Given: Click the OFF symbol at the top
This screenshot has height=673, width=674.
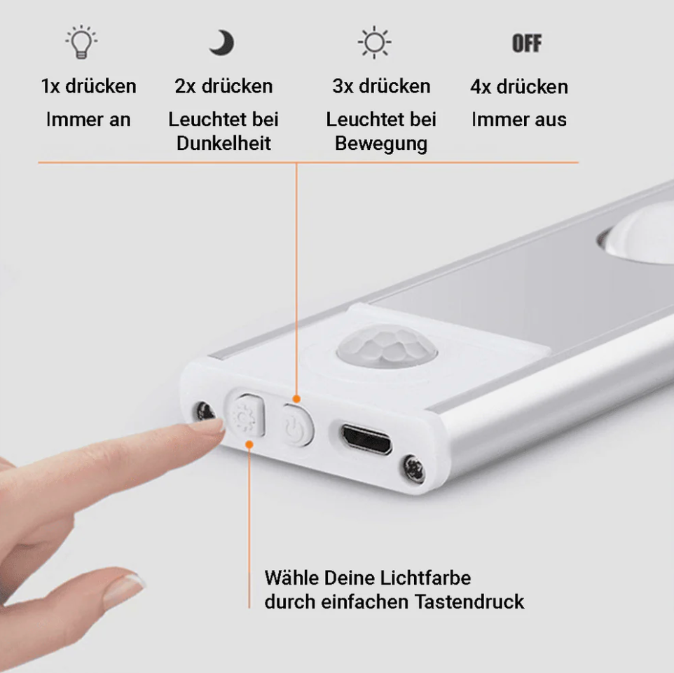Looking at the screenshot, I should click(x=526, y=43).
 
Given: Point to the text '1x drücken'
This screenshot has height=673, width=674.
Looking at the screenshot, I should click(x=88, y=87).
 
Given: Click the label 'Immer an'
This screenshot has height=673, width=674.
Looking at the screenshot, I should click(x=88, y=120).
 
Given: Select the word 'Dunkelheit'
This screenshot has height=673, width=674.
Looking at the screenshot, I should click(x=223, y=144).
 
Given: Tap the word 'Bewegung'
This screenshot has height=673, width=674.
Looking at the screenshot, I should click(x=381, y=144).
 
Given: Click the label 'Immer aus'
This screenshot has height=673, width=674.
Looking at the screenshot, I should click(x=519, y=120).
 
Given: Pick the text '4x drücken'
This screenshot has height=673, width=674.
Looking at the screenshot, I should click(x=519, y=87).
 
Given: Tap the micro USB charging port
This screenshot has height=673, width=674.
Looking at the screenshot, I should click(x=366, y=439).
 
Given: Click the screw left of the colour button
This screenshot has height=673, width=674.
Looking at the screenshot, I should click(x=205, y=412).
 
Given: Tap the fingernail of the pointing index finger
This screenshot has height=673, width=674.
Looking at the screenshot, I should click(x=208, y=425).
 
